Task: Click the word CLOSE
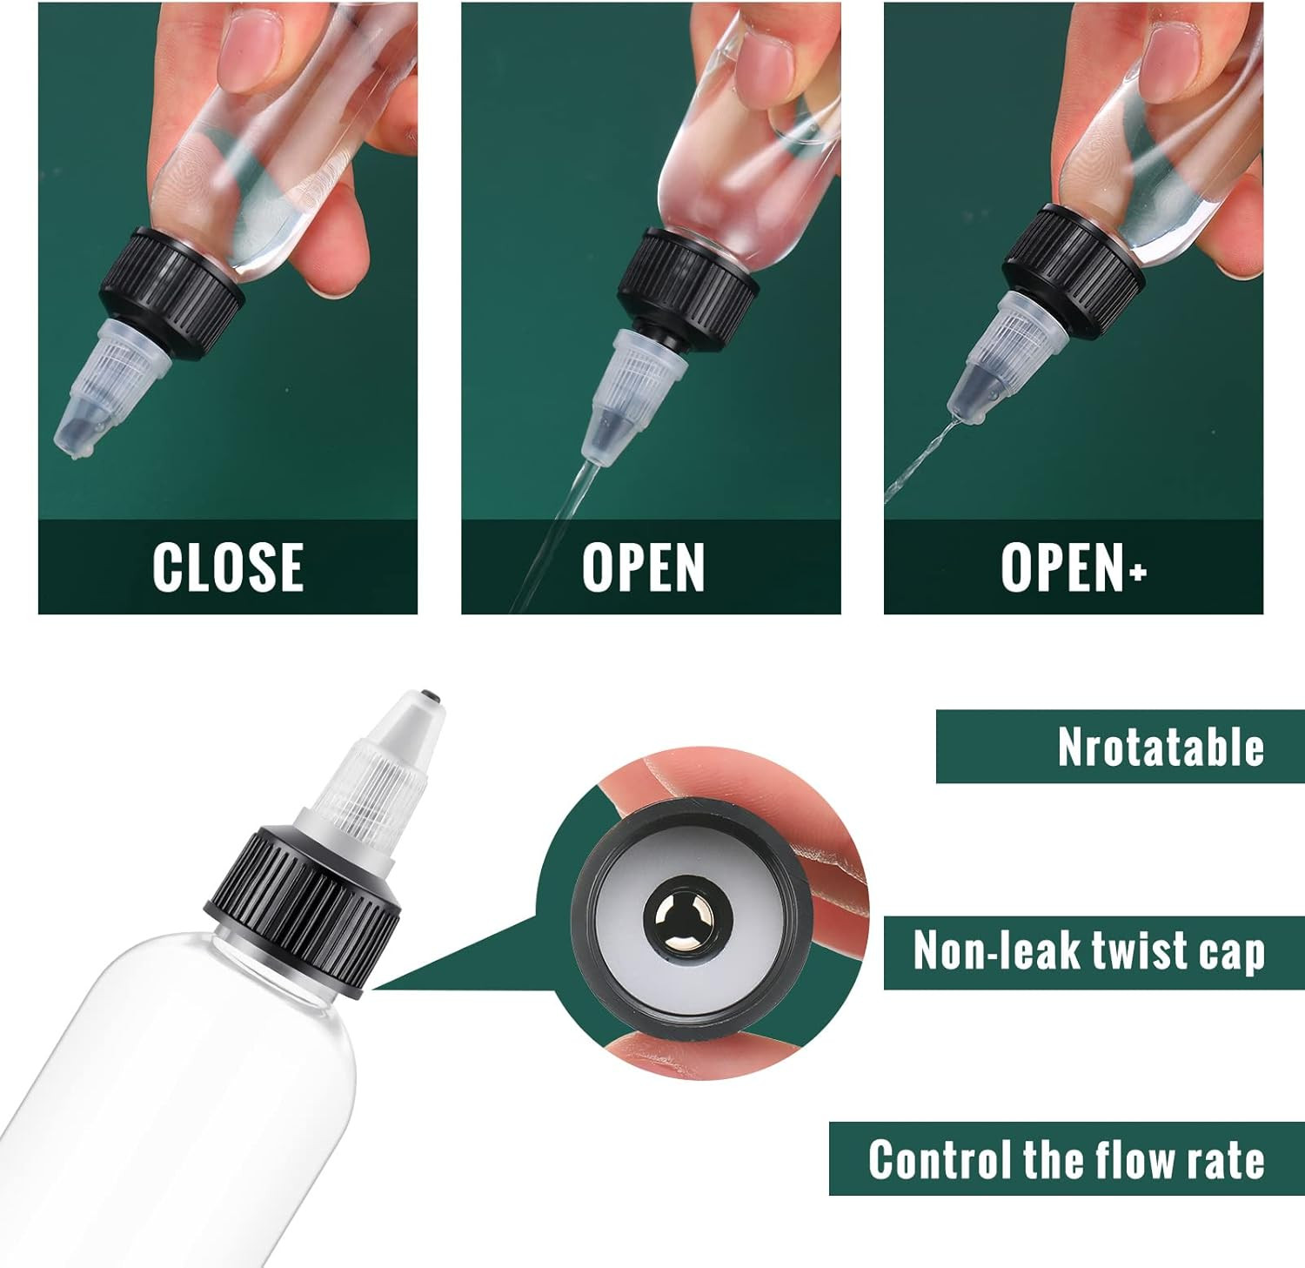(x=228, y=567)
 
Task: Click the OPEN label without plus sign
(x=643, y=567)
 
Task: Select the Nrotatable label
(x=1161, y=747)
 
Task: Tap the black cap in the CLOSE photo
(x=172, y=293)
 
